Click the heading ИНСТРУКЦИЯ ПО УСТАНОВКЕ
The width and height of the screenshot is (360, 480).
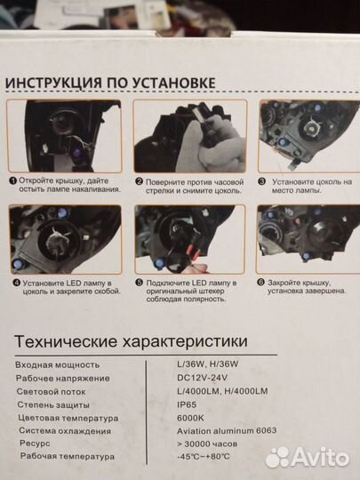coord(110,83)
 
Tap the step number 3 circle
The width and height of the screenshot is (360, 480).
coord(263,180)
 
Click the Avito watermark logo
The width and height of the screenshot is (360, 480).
coord(308,456)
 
